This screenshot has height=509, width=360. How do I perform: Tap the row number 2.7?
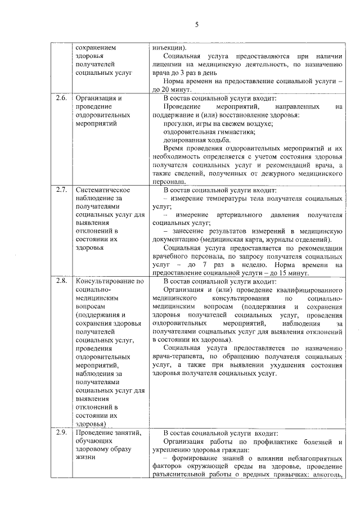pos(61,190)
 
